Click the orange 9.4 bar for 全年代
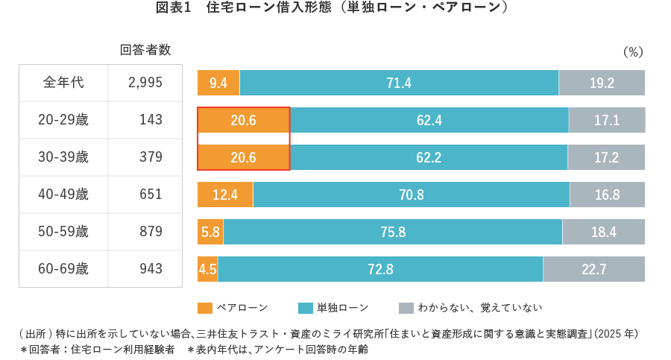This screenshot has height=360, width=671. [218, 83]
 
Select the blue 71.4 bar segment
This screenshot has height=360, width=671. [399, 83]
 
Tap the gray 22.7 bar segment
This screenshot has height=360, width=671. [593, 269]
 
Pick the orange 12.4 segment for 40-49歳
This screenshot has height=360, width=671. [225, 195]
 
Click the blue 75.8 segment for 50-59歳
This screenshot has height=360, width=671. [393, 232]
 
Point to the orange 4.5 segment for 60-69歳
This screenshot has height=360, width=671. [207, 269]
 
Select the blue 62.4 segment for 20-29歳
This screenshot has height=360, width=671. [429, 120]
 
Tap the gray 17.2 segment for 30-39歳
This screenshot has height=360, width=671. [606, 157]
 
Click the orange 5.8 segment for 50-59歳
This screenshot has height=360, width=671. [210, 232]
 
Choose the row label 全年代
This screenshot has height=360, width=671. [63, 83]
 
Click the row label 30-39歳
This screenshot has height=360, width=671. [63, 157]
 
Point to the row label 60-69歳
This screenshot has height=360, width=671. [63, 269]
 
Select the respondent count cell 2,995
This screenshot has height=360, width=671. [145, 83]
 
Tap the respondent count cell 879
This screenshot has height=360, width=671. [151, 232]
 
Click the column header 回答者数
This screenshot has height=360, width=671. [145, 50]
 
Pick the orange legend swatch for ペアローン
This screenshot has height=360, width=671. [205, 308]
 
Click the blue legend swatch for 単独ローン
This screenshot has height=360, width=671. [305, 308]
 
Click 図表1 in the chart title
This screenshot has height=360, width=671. [174, 8]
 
